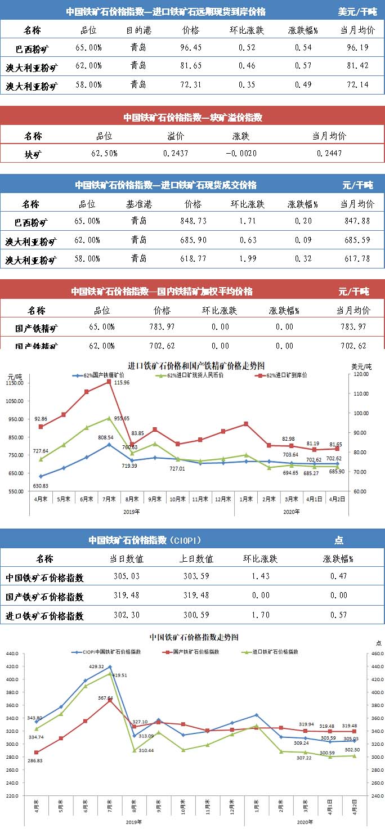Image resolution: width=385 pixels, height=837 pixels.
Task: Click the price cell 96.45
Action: (191, 48)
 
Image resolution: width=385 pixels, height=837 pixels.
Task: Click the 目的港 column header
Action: (138, 30)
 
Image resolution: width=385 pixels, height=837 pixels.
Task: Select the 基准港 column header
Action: (138, 203)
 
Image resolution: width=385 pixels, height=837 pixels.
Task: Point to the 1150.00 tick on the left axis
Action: (14, 383)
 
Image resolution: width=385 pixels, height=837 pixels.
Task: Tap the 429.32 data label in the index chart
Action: (96, 666)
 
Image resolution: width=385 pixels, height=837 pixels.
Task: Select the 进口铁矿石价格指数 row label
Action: (44, 616)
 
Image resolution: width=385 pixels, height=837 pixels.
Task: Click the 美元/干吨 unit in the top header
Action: (357, 12)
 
